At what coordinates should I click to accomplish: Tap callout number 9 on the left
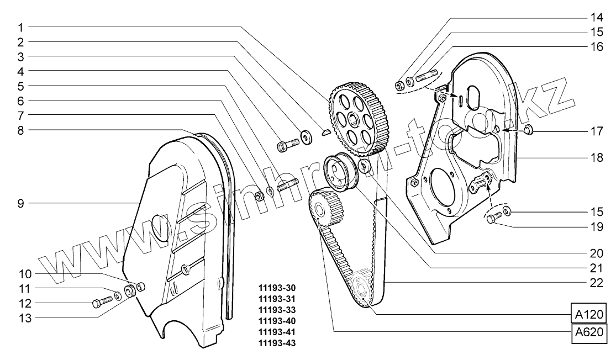pos(20,204)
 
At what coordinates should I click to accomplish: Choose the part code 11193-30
pos(277,288)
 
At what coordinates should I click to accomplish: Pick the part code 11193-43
pos(277,343)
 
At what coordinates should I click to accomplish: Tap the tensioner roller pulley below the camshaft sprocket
pos(340,172)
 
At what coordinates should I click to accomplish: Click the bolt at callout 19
pos(493,219)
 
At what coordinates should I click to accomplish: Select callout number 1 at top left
pos(20,27)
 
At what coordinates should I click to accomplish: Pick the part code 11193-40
pos(277,321)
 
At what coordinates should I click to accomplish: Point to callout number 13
pos(20,318)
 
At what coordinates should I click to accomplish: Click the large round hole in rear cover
pos(443,190)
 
